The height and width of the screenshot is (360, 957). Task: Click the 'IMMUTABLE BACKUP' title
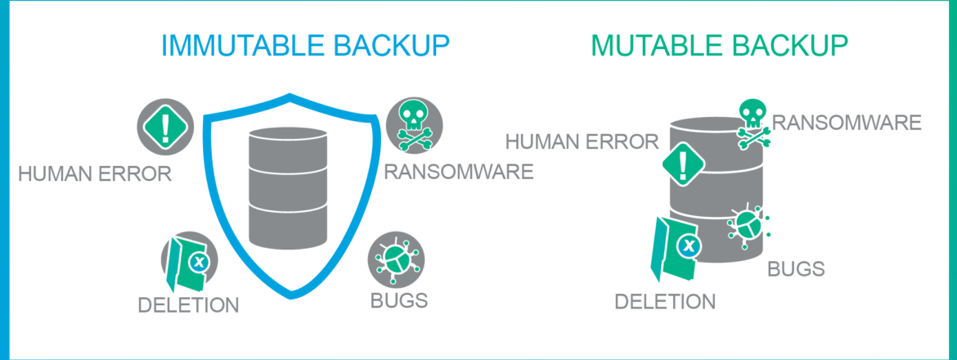coord(306,47)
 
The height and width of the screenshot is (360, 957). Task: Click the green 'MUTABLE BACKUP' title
coord(719,47)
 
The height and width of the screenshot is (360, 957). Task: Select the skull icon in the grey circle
coord(414,124)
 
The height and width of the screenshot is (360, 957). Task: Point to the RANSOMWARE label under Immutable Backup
coord(459,173)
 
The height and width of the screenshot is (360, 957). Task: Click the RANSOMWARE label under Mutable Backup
coord(847,124)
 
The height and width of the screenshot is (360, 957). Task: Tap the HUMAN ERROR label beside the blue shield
coord(94,173)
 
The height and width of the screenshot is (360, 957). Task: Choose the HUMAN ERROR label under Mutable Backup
coord(582,142)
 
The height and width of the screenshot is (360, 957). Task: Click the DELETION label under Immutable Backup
coord(188,306)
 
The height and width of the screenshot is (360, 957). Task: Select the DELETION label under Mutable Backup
coord(664,301)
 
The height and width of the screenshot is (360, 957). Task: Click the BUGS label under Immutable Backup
coord(399,300)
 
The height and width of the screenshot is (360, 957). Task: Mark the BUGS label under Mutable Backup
coord(795,268)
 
